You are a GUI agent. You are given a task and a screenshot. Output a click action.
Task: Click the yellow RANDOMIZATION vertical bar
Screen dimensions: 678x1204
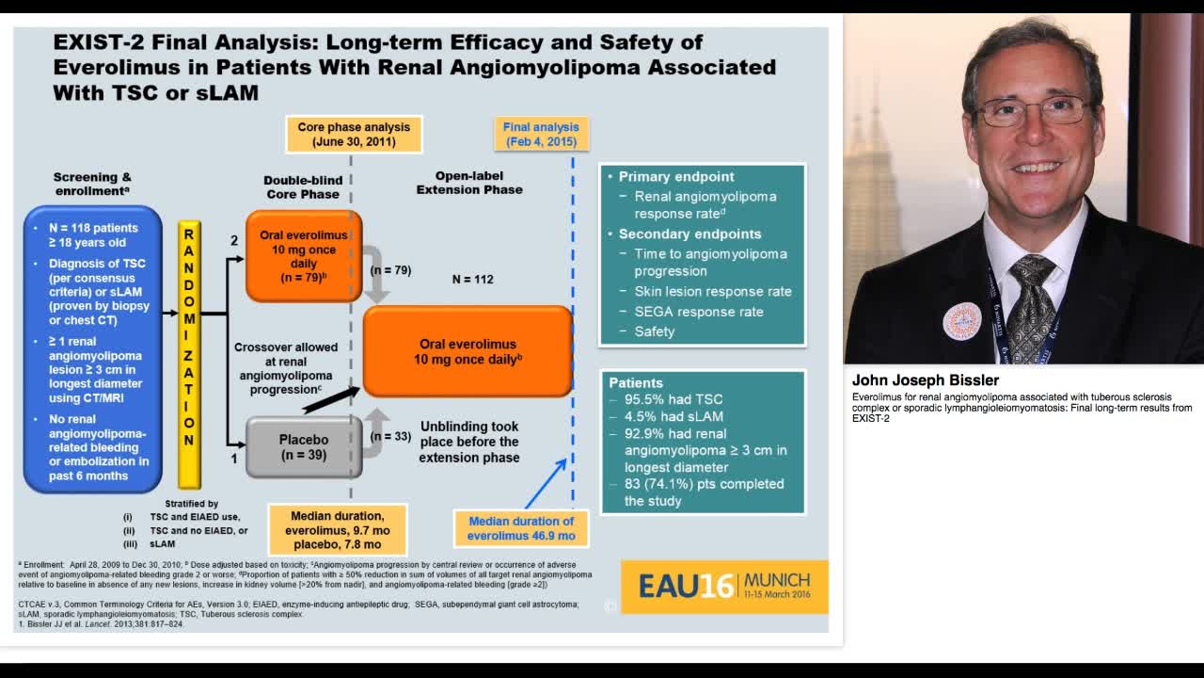(x=189, y=354)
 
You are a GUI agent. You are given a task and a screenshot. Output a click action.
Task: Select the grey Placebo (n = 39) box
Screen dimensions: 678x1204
(x=304, y=447)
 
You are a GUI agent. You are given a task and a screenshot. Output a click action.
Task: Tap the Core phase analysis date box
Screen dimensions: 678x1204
(x=354, y=135)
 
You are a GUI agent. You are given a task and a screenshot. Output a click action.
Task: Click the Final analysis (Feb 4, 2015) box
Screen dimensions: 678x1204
(x=541, y=135)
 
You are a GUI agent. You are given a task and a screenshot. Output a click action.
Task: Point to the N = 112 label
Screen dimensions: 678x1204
(x=472, y=279)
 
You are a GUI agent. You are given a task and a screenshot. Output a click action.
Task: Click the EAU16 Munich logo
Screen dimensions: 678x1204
(x=724, y=586)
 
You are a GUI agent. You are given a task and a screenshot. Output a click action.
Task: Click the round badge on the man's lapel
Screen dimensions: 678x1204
(x=961, y=321)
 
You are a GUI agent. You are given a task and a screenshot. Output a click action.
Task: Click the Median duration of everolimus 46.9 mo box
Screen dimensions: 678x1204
(x=521, y=528)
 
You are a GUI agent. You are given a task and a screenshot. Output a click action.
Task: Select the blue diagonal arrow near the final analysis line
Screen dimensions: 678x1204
(x=546, y=483)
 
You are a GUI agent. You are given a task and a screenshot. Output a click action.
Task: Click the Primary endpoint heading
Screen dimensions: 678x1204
(x=675, y=176)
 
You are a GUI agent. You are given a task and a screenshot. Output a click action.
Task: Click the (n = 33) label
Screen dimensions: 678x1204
(x=390, y=437)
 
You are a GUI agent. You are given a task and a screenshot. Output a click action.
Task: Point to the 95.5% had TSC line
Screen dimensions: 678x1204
(x=673, y=399)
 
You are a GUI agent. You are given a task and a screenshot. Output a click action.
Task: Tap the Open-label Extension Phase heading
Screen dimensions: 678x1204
(x=469, y=183)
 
